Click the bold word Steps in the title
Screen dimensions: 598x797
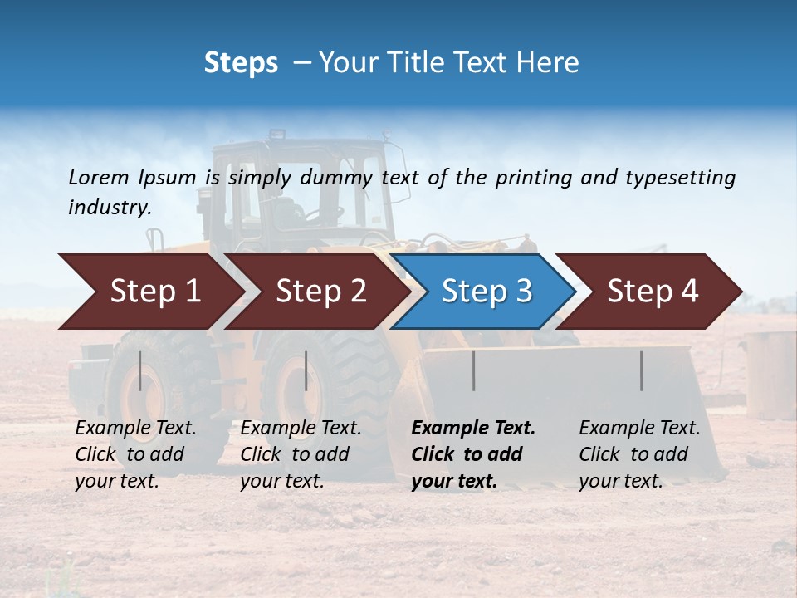(241, 63)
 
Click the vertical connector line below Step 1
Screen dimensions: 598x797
(140, 370)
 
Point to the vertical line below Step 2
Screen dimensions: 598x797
(306, 370)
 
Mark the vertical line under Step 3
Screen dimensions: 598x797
(473, 370)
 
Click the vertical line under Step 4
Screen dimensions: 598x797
(641, 370)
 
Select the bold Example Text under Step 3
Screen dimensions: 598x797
(473, 454)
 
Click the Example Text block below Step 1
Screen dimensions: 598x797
(135, 454)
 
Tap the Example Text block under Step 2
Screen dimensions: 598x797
(301, 454)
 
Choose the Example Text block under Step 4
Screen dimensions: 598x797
(639, 454)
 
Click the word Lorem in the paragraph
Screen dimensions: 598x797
(99, 178)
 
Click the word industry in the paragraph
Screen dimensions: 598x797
(109, 208)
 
